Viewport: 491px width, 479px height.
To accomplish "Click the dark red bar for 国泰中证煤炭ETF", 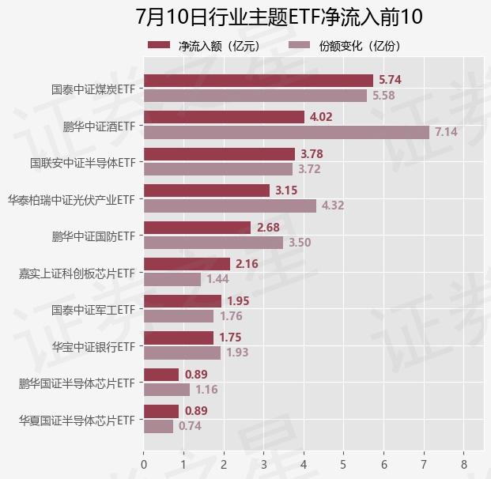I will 259,81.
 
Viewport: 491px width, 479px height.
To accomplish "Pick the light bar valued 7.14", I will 286,132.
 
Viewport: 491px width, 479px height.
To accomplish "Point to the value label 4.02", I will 321,117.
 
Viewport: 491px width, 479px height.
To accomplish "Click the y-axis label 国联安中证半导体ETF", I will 83,162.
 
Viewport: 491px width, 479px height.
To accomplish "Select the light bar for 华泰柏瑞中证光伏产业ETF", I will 230,206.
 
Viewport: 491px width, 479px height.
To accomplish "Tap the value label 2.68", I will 268,228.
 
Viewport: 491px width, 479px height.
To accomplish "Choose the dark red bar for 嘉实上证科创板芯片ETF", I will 187,264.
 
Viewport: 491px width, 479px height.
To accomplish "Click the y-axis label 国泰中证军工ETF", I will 93,309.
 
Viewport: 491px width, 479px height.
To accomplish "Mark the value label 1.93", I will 237,353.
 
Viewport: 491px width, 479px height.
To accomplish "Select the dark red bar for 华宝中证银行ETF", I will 179,338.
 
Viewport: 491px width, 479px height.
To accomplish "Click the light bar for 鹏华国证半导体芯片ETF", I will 167,389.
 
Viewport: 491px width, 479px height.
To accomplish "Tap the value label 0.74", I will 190,426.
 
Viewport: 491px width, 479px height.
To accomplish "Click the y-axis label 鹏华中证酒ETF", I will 99,126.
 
